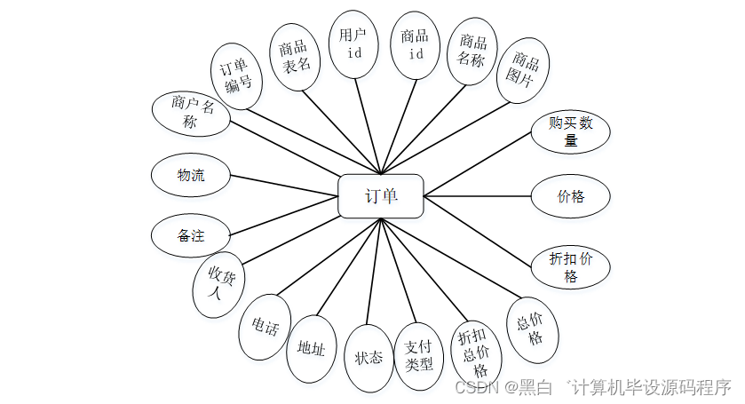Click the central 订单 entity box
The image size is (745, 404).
381,196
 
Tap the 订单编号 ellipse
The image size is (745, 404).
237,76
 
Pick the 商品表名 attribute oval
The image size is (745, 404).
295,57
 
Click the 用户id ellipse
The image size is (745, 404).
353,43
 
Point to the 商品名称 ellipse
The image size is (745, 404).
472,51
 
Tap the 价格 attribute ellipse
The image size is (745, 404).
571,196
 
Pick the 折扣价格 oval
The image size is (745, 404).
571,267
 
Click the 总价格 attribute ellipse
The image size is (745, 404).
531,329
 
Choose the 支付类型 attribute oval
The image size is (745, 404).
417,355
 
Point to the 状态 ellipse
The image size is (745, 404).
369,357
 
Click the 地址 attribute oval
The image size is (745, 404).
312,348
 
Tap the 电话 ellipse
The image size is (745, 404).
265,328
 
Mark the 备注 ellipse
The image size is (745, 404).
191,236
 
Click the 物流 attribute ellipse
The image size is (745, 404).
191,175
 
